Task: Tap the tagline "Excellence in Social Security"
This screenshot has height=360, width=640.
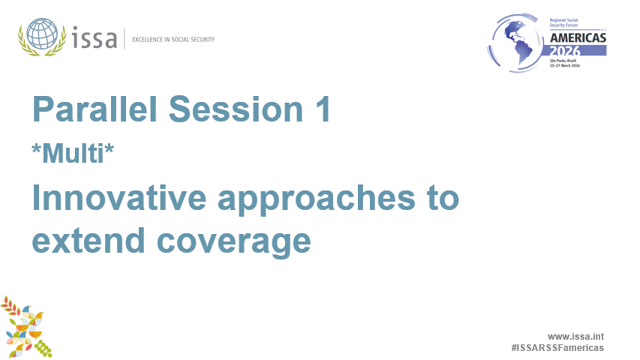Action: point(173,39)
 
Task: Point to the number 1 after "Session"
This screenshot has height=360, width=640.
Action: point(321,111)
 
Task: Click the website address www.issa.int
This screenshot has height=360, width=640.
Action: point(575,337)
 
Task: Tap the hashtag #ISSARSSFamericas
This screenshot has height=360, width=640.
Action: point(557,349)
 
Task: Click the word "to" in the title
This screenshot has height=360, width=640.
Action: point(440,199)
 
